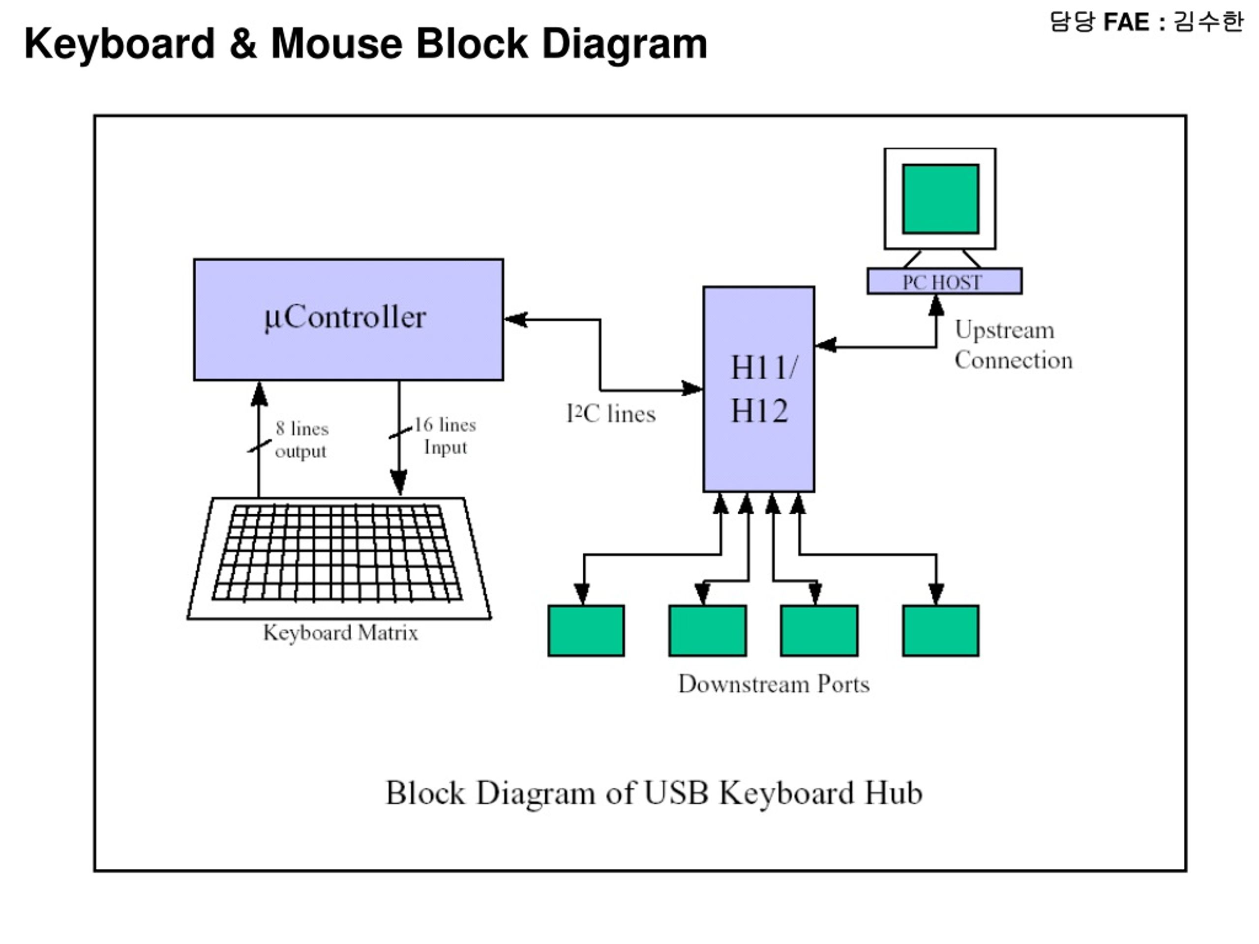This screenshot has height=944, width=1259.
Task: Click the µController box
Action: click(x=348, y=319)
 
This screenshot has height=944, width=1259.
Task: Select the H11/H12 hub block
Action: click(x=759, y=389)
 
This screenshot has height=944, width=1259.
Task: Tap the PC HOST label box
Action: click(x=944, y=281)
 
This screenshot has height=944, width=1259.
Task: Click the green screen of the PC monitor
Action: click(x=941, y=199)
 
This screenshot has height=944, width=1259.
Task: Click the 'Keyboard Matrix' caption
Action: click(x=340, y=633)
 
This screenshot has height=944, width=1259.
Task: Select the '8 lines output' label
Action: click(x=301, y=439)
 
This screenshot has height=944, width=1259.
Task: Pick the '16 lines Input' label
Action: click(x=445, y=436)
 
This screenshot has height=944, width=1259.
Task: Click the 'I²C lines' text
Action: click(x=611, y=413)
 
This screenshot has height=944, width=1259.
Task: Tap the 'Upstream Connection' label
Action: click(x=1014, y=345)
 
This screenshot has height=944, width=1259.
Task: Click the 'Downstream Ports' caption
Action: click(x=774, y=684)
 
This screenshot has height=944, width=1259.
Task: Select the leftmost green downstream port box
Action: click(x=586, y=630)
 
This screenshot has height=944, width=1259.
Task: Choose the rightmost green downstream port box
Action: click(x=941, y=630)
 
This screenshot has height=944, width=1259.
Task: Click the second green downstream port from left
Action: click(x=708, y=630)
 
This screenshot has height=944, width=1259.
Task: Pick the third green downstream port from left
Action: click(x=819, y=630)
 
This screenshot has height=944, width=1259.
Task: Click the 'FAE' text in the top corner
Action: click(x=1126, y=22)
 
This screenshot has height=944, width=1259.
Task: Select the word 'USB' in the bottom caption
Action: click(x=676, y=793)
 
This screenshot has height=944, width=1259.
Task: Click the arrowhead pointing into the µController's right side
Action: click(x=516, y=319)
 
